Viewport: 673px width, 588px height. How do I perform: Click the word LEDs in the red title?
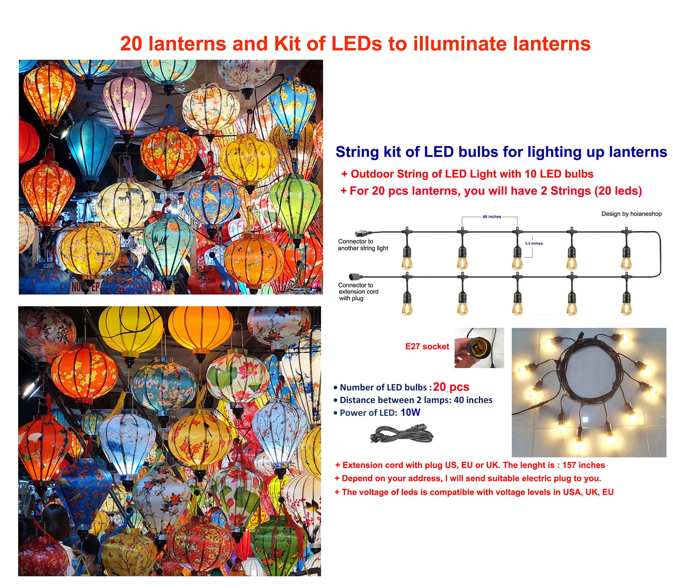pos(357,44)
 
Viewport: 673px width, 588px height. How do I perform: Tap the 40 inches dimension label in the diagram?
pos(491,217)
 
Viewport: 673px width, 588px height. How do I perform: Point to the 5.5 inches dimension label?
pos(534,243)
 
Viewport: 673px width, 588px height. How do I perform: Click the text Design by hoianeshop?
pos(631,214)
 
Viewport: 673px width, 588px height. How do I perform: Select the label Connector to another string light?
pos(363,245)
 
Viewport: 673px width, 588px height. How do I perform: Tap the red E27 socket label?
pos(427,346)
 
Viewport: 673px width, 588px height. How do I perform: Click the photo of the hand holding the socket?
pos(479,347)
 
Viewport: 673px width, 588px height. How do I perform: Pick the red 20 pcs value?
pos(451,387)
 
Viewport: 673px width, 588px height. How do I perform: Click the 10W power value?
pos(410,413)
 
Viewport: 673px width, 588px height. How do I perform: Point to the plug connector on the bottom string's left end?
pos(354,276)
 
